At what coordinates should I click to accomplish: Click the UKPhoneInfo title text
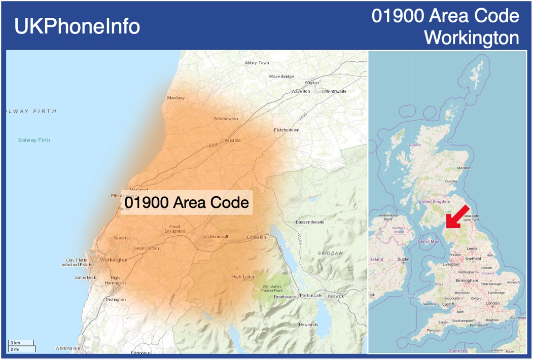coord(77,26)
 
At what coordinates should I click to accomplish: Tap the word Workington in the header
coord(471,38)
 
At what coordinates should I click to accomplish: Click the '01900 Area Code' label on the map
coord(187,202)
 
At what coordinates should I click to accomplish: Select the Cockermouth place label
coord(216,237)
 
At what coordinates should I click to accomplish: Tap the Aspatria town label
coord(232,140)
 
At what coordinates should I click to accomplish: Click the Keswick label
coord(335,296)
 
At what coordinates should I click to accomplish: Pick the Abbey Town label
coord(257,63)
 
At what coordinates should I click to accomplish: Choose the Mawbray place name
coord(176,98)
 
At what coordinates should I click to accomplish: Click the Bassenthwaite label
coord(310,223)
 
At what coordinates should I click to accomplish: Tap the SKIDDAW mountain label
coord(330,253)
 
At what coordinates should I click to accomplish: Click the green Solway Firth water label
coord(34,140)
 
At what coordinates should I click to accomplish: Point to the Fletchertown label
coord(287,130)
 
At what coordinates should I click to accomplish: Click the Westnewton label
coord(225,119)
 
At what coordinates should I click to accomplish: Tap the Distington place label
coord(115,300)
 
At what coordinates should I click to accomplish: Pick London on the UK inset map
coord(492,303)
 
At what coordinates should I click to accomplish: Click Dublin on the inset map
coord(403,259)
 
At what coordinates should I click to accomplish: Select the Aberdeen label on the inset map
coord(464,168)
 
